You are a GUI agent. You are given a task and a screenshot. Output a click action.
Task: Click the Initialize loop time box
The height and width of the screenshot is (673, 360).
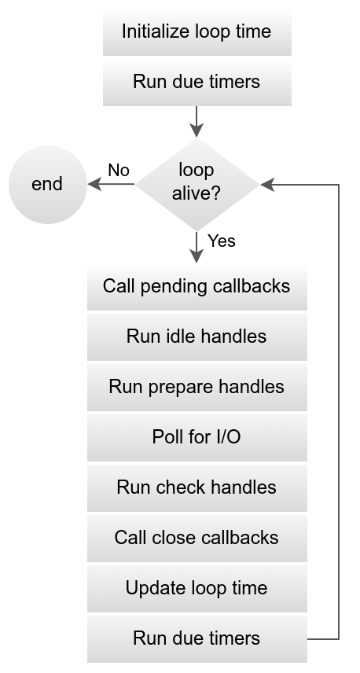(197, 31)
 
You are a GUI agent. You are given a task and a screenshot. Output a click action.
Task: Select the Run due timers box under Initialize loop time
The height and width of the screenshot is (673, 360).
(197, 82)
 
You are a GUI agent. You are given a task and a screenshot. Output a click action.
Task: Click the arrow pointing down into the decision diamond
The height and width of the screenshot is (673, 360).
(197, 121)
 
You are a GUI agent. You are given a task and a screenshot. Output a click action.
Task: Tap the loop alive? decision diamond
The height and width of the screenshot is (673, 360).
(197, 184)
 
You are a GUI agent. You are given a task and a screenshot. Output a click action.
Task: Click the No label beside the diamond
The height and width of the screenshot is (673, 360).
(119, 171)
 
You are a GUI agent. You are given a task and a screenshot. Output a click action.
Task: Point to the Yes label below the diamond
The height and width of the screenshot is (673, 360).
(222, 241)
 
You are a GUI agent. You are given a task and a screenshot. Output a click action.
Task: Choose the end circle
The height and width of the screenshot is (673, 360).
(47, 185)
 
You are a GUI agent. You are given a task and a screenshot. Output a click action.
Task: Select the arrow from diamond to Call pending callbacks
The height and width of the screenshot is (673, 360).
(197, 247)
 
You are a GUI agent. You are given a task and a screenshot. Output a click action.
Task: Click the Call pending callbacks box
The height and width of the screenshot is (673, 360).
(197, 286)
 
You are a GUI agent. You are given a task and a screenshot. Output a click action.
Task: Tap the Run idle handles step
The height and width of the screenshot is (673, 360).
(197, 336)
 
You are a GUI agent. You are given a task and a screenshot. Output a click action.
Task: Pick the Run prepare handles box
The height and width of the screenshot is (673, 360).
(197, 387)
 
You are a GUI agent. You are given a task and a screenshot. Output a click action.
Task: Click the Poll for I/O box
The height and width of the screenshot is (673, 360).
(197, 437)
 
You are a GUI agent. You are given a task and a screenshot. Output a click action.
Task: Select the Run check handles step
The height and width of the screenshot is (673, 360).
(197, 487)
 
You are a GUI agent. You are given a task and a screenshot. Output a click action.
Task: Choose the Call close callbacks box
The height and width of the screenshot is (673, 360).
(197, 538)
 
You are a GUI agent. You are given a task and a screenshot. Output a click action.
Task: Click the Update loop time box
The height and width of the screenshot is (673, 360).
(197, 588)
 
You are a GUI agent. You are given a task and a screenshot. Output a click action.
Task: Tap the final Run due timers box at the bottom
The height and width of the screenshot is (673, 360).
(197, 638)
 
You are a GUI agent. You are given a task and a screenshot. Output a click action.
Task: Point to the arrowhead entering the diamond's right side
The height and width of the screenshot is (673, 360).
(266, 185)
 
